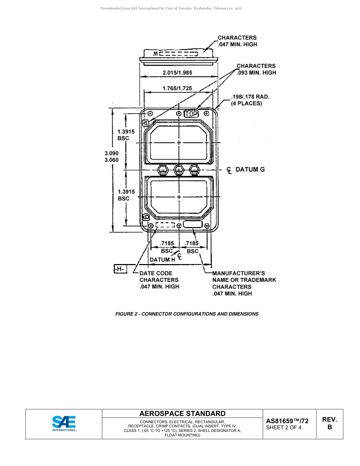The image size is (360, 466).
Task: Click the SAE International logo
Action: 64,424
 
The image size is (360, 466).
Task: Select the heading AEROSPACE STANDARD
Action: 182,413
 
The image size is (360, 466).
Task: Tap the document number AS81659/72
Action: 287,421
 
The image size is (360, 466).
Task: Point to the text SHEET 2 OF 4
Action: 284,428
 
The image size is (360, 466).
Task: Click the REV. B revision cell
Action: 329,423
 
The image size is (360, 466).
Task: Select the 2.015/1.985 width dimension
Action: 177,72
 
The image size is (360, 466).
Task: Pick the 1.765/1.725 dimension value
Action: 177,88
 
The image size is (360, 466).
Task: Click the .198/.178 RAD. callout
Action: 250,97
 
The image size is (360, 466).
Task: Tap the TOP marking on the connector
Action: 191,113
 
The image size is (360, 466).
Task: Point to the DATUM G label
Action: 250,169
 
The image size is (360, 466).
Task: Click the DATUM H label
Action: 163,260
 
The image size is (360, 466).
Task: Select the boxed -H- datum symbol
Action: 120,269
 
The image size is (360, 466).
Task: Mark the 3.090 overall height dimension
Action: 112,153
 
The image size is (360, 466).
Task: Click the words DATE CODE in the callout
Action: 156,273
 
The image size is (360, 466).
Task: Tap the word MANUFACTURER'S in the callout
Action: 238,273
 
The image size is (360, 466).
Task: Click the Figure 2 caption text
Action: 187,314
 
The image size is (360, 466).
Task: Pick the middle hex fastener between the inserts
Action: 178,170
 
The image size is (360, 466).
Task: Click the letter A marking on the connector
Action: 146,123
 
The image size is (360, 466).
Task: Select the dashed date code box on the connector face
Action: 165,225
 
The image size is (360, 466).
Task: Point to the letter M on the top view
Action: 155,54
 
